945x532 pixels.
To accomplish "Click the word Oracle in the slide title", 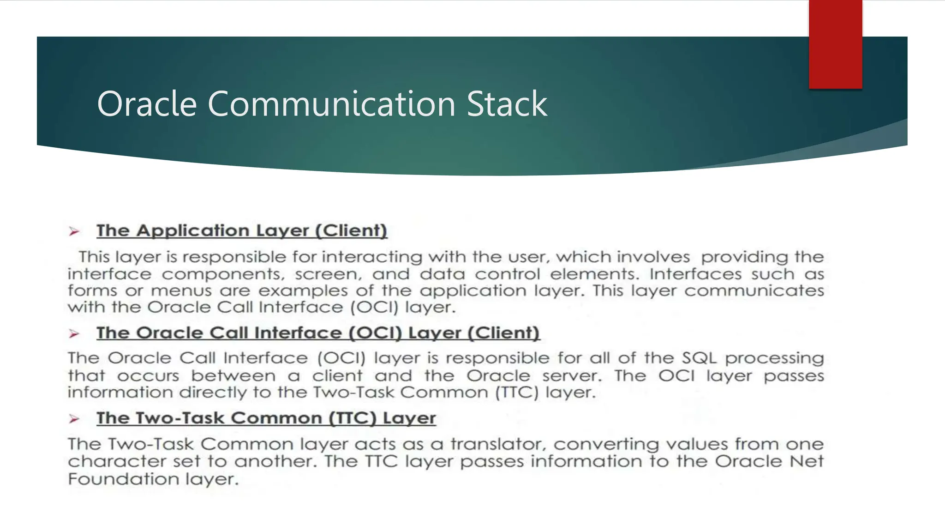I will (147, 104).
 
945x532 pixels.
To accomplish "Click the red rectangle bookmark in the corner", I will (835, 44).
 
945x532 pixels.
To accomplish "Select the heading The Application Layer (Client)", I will (242, 230).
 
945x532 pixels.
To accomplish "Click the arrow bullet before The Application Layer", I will (74, 231).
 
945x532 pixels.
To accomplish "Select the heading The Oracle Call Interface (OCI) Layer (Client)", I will (318, 333).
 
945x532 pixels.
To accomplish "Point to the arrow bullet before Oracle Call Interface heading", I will (74, 333).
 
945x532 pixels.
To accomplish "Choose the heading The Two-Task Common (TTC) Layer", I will (266, 418).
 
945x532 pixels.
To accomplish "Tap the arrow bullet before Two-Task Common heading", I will (74, 419).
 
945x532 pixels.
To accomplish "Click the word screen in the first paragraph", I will (328, 274).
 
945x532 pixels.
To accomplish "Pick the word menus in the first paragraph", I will (181, 291).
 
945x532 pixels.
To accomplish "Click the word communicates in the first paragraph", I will (754, 291).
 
